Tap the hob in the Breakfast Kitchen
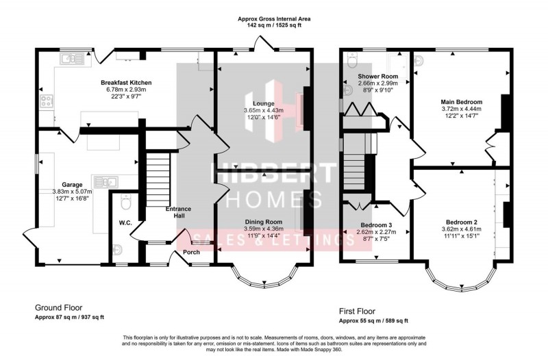47,101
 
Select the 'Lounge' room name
264,103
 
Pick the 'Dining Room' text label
264,222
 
